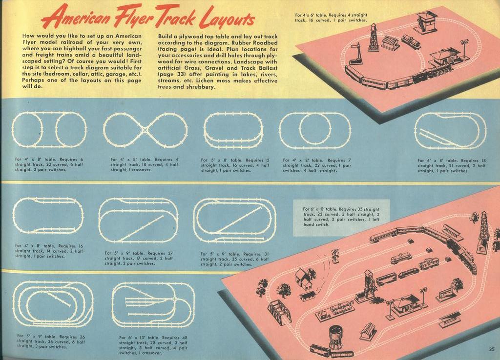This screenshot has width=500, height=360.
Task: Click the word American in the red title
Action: tap(80, 18)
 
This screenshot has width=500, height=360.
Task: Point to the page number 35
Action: tap(491, 349)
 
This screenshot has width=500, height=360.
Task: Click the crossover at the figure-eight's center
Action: tap(145, 130)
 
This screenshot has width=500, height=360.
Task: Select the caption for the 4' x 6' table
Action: tap(331, 18)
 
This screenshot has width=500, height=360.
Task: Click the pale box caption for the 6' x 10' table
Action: tap(341, 217)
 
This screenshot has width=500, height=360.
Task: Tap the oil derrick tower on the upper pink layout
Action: tap(373, 38)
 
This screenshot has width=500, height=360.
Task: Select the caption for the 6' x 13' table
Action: tap(153, 345)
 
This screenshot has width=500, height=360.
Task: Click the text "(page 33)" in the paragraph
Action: tap(170, 74)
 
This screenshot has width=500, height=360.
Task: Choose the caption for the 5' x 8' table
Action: tap(235, 165)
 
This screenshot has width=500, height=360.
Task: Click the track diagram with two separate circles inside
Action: tap(49, 129)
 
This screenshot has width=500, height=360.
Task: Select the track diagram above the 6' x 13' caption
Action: tap(153, 305)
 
